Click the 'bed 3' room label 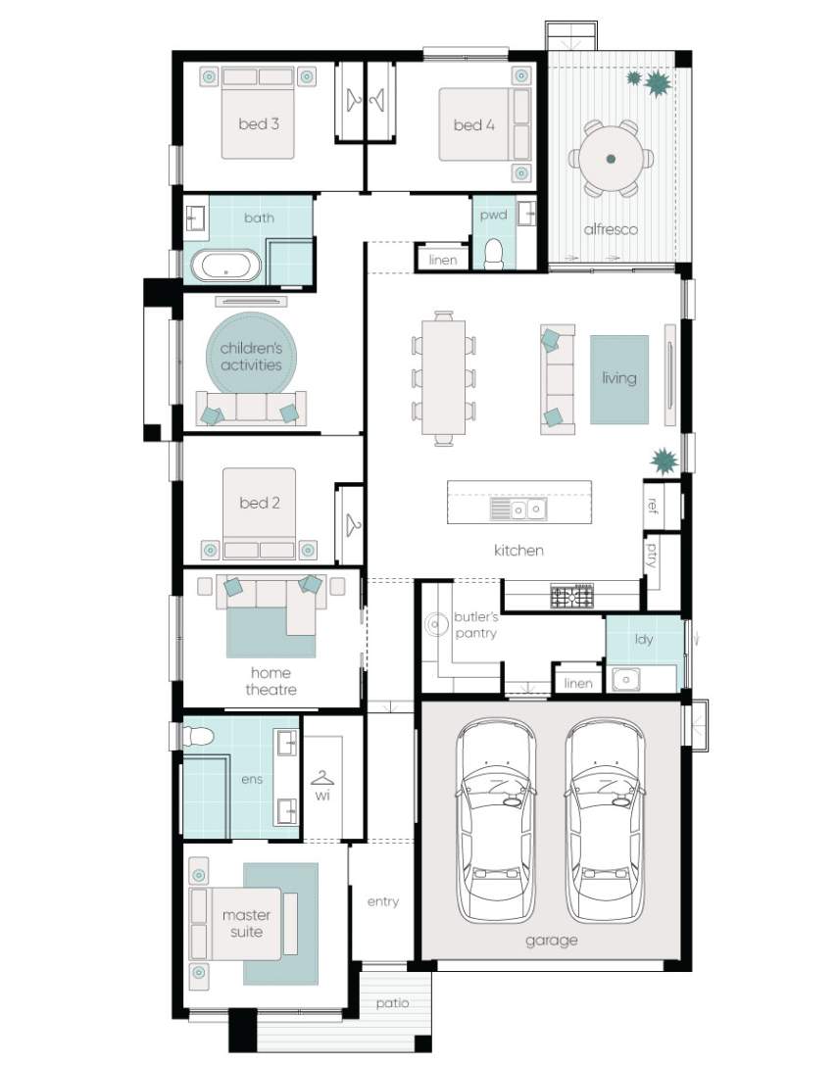pos(259,123)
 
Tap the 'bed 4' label pos(474,125)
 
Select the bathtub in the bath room pos(225,266)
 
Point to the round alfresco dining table pos(611,159)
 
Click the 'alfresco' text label pos(611,229)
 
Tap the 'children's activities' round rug pos(252,353)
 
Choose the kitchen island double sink pos(528,509)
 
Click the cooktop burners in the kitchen pos(572,597)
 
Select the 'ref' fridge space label pos(653,506)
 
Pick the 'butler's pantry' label pos(475,625)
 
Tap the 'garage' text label pos(552,941)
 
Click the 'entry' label pos(383,901)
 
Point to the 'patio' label pos(392,1002)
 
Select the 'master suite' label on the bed pos(246,923)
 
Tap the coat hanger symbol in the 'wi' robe pos(321,777)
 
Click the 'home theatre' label pos(271,681)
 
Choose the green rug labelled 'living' pos(619,379)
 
